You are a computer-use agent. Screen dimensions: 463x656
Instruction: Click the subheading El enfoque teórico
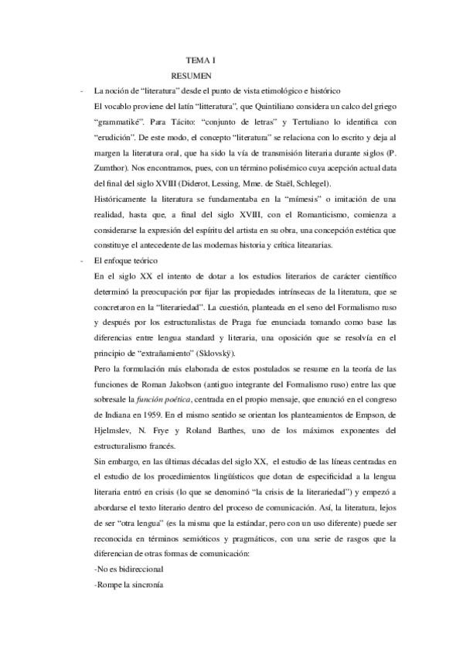pyautogui.click(x=127, y=261)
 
